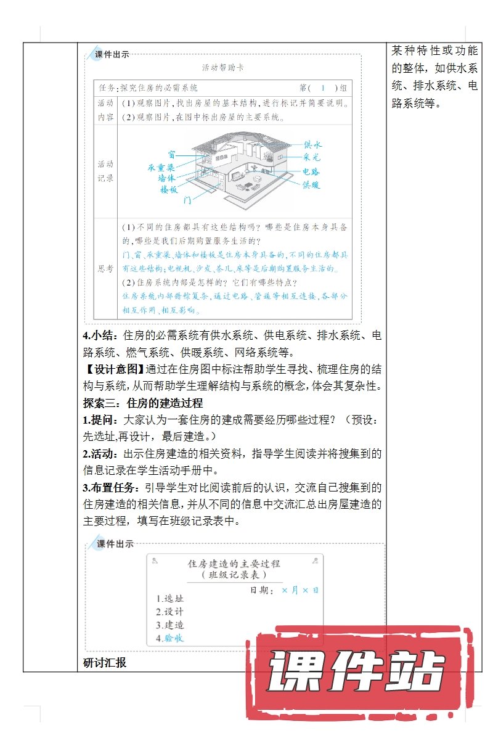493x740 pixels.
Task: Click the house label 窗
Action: (x=171, y=154)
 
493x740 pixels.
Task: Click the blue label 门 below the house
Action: (x=188, y=201)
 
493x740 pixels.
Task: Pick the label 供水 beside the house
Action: (x=312, y=144)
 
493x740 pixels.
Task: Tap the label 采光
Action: (x=312, y=157)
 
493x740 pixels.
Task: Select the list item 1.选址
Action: (x=170, y=598)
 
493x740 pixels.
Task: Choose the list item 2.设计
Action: (x=170, y=612)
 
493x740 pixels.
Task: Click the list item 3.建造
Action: (x=170, y=625)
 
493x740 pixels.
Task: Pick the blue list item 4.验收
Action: (x=170, y=638)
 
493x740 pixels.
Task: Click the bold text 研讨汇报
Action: (x=105, y=664)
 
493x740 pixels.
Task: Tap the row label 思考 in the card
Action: (x=105, y=269)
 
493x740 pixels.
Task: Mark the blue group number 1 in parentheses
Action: (x=322, y=88)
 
